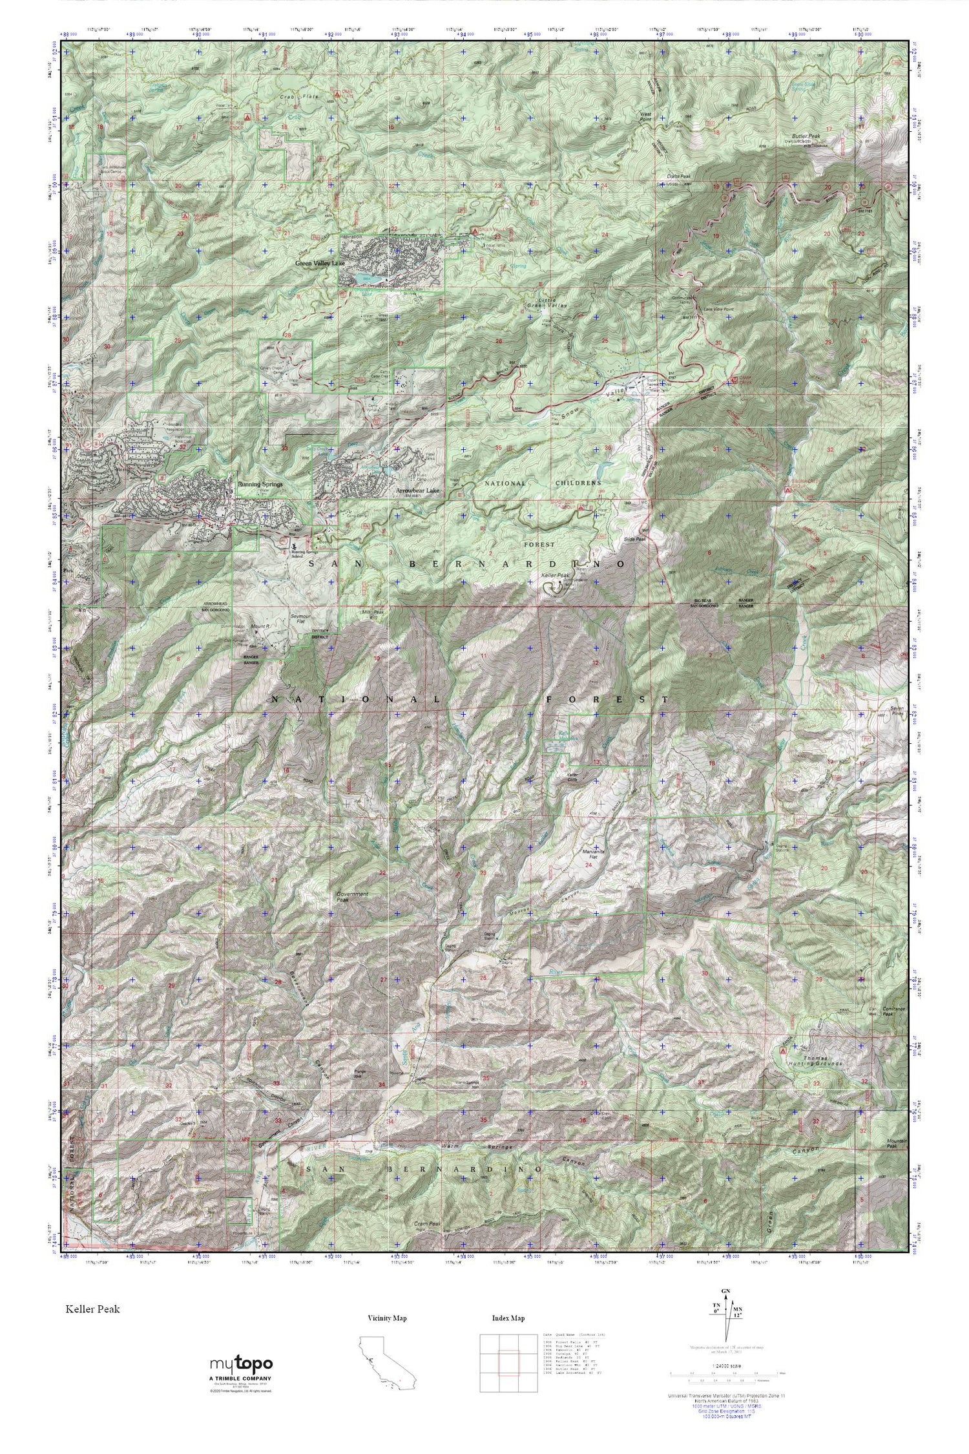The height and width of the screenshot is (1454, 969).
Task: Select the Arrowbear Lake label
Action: click(419, 490)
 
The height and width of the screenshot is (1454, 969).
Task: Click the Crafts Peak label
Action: click(679, 177)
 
